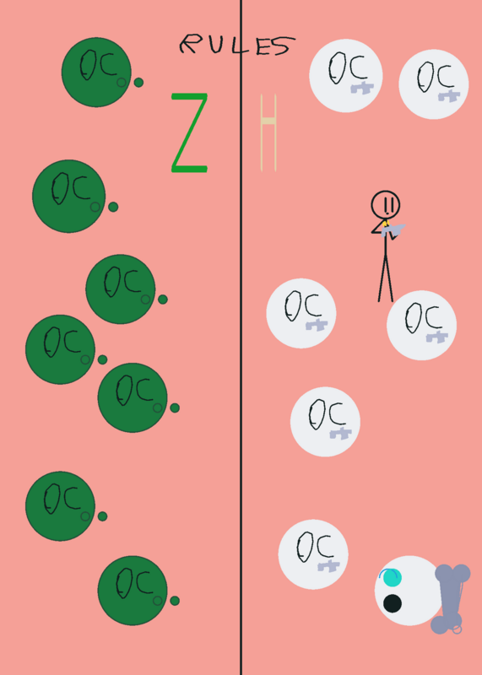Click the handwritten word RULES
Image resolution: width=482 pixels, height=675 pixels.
point(237,45)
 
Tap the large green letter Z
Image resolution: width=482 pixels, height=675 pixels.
point(190,133)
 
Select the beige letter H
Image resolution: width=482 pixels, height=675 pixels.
point(268,133)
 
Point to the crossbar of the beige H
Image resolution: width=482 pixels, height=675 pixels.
point(268,121)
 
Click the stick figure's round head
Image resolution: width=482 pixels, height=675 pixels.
point(386,204)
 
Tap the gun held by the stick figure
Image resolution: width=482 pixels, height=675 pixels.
point(393,230)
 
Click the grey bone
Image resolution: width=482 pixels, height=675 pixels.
point(450,599)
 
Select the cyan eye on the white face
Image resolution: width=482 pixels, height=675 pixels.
point(392,577)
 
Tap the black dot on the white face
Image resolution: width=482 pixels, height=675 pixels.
point(393,603)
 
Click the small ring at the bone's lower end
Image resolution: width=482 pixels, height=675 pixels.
point(457,629)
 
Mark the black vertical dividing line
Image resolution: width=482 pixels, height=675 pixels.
point(241,337)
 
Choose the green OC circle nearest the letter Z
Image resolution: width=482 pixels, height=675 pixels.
point(96,73)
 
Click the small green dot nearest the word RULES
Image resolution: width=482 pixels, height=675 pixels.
point(138,82)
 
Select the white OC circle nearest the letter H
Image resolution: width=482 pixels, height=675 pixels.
point(346,76)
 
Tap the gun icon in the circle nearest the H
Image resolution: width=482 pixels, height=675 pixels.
point(362,88)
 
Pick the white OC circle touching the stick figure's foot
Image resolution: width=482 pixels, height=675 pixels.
point(421,325)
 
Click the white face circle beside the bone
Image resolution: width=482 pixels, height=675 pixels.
point(409,591)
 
